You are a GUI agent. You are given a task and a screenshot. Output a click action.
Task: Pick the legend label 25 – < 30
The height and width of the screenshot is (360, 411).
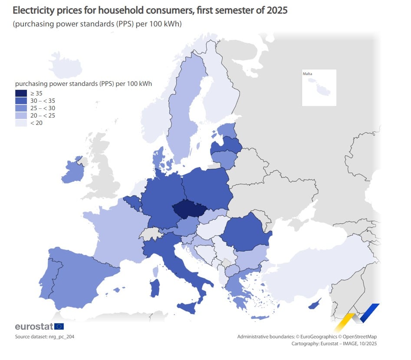tap(43, 108)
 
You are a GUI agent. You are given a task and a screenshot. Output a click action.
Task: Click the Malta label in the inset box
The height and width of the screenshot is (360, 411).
tap(307, 74)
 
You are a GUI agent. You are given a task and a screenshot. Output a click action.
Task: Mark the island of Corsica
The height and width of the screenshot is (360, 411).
tap(156, 272)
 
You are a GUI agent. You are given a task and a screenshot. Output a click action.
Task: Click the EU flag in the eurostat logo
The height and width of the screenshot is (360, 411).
tap(59, 327)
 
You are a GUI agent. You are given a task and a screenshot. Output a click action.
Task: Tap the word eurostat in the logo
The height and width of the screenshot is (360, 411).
tap(34, 327)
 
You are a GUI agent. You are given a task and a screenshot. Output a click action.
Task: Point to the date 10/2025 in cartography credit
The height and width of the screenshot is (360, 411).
tap(367, 344)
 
